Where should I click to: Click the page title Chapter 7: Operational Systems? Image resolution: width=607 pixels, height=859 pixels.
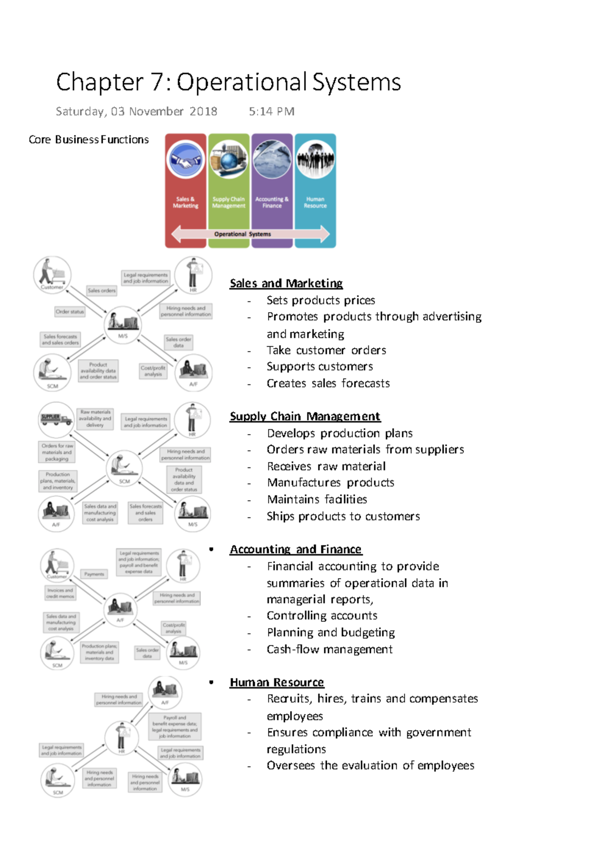tap(228, 82)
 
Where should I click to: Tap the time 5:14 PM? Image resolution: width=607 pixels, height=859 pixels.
tap(271, 111)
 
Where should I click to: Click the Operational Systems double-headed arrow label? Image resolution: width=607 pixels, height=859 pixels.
tap(242, 234)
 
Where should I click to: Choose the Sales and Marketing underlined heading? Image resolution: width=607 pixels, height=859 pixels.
tap(286, 283)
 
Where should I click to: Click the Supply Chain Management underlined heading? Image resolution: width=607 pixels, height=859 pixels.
tap(305, 416)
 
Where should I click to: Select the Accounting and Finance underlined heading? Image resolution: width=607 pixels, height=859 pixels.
tap(295, 549)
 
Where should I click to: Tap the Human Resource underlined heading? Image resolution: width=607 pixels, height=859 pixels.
tap(277, 682)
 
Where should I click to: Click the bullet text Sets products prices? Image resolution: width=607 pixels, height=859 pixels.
tap(321, 300)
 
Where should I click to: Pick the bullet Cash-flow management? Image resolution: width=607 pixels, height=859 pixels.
tap(329, 649)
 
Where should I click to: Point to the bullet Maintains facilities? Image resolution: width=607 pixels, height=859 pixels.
tap(317, 499)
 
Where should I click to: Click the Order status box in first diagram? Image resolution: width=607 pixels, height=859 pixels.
tap(70, 312)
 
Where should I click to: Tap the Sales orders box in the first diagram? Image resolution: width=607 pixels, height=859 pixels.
tap(102, 290)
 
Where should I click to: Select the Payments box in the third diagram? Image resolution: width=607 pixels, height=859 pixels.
tap(94, 574)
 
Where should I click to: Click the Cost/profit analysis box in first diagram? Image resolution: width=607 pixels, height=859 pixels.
tap(153, 371)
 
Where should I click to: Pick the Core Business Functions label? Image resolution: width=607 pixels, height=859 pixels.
tap(89, 140)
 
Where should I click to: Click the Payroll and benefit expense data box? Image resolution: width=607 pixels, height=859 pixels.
tap(175, 726)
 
